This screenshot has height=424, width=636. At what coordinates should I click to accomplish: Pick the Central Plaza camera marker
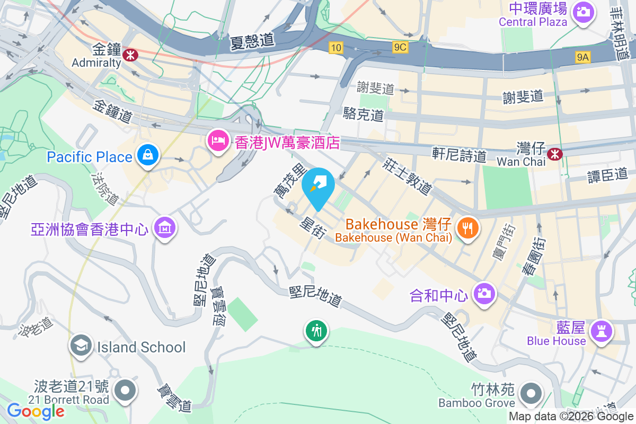583,11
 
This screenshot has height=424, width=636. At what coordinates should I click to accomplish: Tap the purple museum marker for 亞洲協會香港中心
165,227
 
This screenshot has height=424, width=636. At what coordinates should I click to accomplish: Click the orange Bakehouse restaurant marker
467,228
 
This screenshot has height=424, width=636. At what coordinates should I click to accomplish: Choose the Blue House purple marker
602,332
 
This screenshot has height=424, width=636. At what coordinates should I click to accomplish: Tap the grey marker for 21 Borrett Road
126,390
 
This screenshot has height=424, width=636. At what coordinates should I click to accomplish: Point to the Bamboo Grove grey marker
531,394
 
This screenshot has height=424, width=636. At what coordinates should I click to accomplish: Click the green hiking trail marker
316,331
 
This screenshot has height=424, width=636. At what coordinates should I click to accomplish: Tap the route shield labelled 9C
400,48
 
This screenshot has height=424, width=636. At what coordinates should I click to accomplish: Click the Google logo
36,411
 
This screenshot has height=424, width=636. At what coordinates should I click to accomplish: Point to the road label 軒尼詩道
459,155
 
